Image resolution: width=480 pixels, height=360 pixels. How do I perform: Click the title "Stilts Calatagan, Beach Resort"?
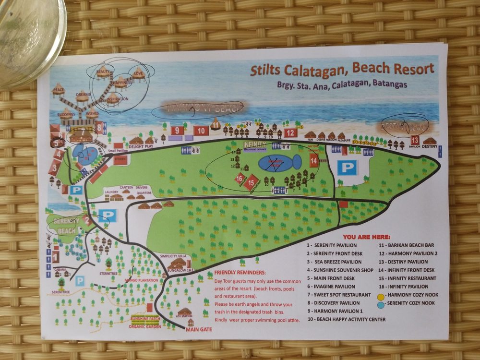tap(342, 69)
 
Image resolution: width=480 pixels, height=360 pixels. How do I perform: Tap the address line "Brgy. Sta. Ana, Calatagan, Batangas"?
tap(341, 84)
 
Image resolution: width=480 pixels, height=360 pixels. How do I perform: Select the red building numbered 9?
tap(177, 130)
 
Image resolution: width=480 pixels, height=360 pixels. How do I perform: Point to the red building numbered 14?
tap(314, 161)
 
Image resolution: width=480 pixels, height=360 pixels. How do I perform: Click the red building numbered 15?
tap(251, 183)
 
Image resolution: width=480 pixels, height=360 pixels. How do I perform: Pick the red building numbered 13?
tap(415, 140)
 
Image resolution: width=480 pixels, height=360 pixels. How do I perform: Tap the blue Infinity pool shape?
tap(278, 162)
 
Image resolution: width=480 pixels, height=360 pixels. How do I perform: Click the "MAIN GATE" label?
tap(198, 329)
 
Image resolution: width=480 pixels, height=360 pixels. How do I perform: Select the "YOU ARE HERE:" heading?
tap(367, 237)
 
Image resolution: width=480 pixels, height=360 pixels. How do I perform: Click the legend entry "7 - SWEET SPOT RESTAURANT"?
tap(339, 294)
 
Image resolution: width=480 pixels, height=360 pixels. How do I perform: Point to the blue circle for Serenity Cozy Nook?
tap(382, 303)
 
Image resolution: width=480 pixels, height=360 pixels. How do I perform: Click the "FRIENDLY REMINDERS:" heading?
tap(236, 272)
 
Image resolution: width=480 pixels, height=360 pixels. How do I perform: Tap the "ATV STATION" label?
tap(184, 316)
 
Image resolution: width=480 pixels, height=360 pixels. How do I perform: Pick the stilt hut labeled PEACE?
tap(59, 90)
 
